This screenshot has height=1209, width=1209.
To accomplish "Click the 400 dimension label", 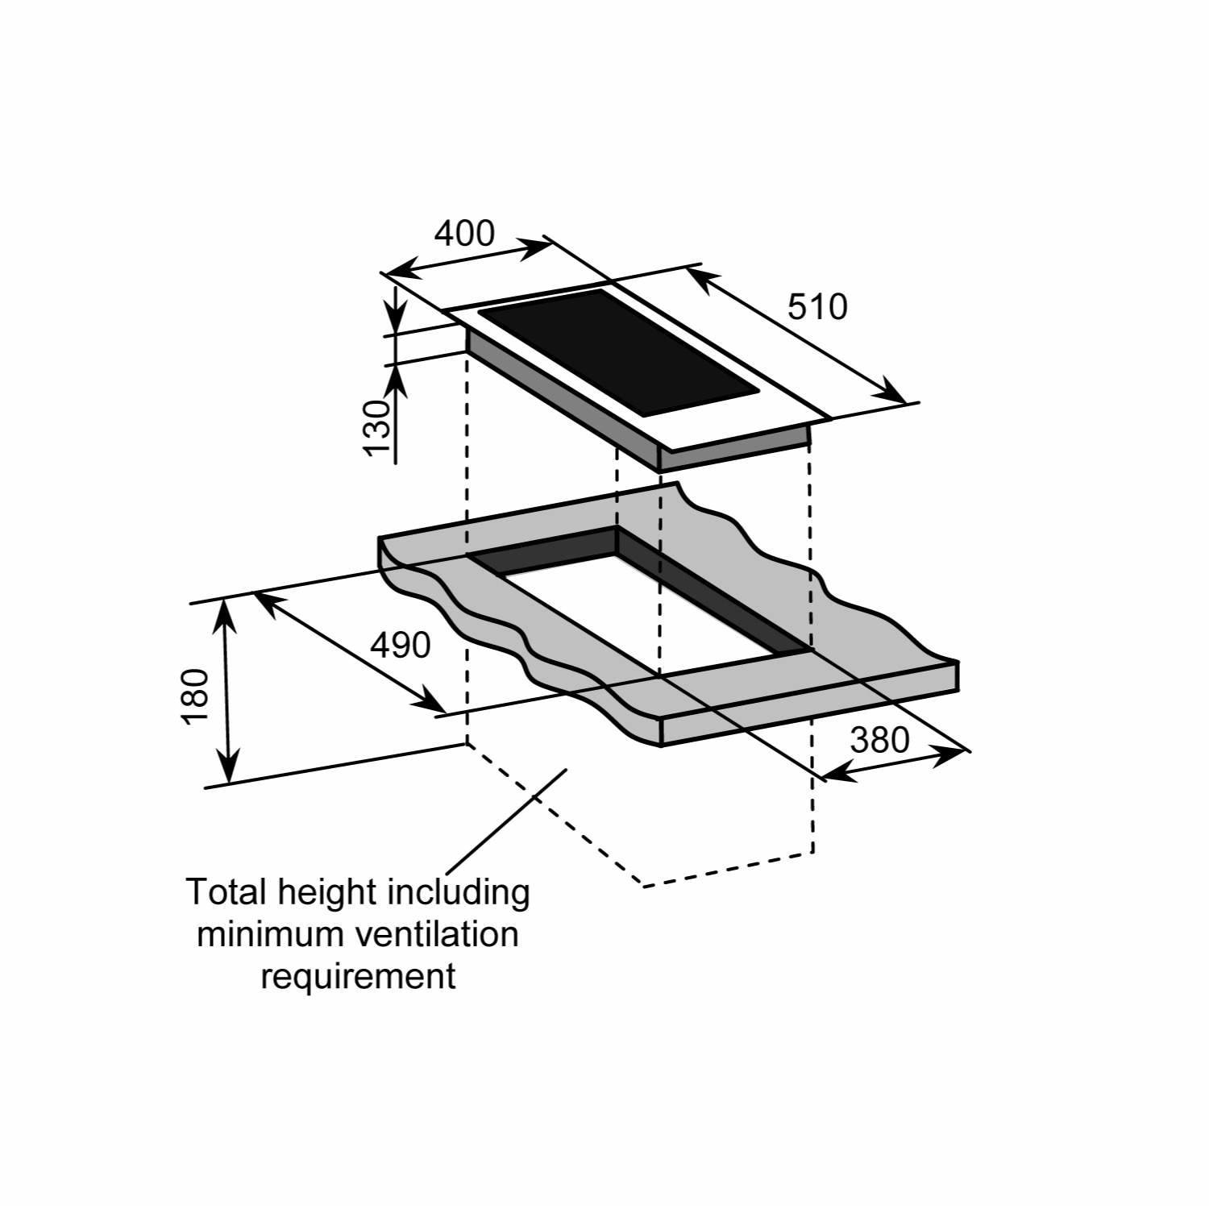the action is pyautogui.click(x=464, y=233).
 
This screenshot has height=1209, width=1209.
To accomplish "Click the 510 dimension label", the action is pyautogui.click(x=817, y=307).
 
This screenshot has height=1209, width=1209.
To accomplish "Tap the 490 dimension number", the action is pyautogui.click(x=401, y=645).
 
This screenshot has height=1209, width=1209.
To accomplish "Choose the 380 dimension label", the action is pyautogui.click(x=880, y=739).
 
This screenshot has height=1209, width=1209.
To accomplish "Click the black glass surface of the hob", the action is pyautogui.click(x=619, y=353).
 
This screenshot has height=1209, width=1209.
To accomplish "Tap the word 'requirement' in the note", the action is pyautogui.click(x=359, y=978).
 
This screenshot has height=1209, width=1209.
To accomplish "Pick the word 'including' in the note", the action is pyautogui.click(x=459, y=894).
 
